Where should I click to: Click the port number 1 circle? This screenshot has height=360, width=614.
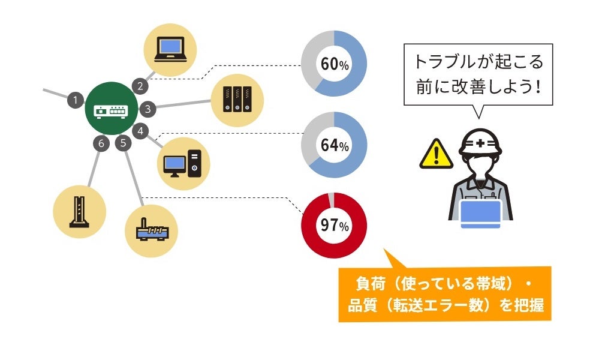[75, 100]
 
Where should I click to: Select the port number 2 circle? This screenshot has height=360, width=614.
[140, 86]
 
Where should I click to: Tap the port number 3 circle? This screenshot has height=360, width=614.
[148, 109]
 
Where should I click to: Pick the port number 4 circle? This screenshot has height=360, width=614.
[140, 131]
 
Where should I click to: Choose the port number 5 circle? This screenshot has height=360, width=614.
[123, 143]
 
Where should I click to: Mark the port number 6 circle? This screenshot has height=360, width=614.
[101, 143]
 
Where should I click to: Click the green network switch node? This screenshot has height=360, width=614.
[112, 109]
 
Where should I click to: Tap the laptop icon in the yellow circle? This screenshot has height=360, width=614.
[170, 49]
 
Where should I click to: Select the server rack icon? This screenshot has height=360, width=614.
[237, 100]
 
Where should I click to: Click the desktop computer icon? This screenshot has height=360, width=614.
[183, 163]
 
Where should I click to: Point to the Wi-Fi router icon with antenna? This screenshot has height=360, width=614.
[152, 230]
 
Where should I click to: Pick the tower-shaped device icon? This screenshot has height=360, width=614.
[80, 212]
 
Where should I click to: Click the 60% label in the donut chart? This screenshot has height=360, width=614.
[335, 64]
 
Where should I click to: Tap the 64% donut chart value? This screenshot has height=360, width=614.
[335, 145]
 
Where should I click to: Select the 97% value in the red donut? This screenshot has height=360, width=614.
[335, 225]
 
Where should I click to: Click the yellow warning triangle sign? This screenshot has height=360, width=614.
[437, 154]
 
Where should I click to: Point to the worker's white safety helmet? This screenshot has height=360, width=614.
[480, 142]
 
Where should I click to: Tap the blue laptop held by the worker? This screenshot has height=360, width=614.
[480, 214]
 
